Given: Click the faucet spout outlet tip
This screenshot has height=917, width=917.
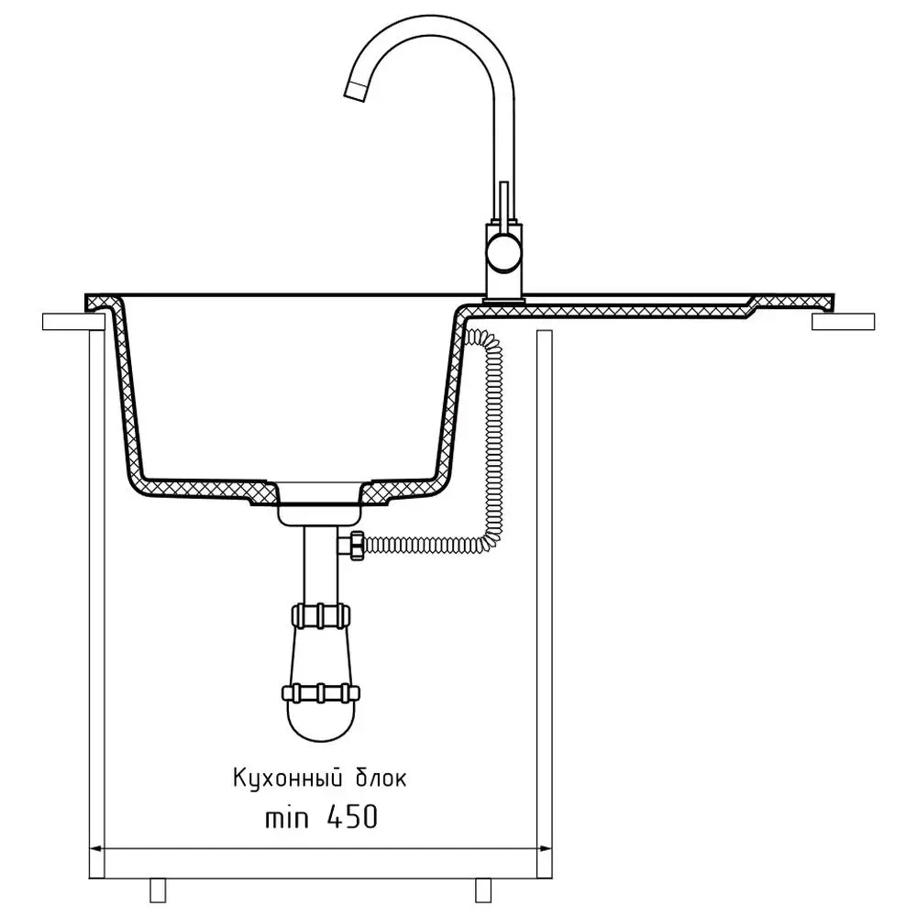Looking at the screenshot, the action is [x=355, y=90].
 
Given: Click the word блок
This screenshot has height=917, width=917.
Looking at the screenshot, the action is [x=381, y=779].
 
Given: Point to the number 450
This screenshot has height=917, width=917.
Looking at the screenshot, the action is [x=352, y=817].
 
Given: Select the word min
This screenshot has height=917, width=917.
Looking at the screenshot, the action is [x=286, y=818].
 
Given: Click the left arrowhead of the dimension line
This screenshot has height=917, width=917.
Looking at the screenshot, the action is [x=95, y=848].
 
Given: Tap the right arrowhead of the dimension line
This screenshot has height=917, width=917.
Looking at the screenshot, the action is [x=545, y=848].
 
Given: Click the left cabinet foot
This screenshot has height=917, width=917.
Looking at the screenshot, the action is [x=158, y=889].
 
